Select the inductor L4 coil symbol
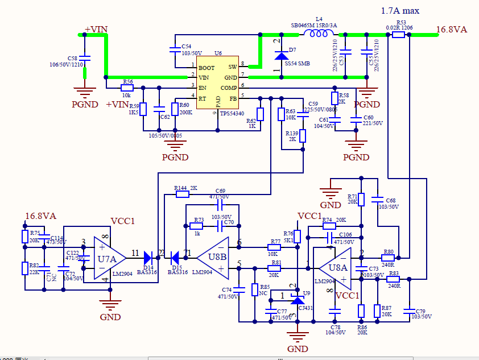click(x=319, y=34)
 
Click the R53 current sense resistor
click(x=398, y=35)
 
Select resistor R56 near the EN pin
click(x=127, y=88)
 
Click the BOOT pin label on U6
click(x=207, y=68)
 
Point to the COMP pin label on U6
click(x=229, y=88)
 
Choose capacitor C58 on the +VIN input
click(x=85, y=57)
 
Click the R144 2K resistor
click(x=182, y=194)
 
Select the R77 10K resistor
click(x=275, y=247)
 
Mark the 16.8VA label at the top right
click(x=451, y=30)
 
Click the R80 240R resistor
click(x=389, y=258)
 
